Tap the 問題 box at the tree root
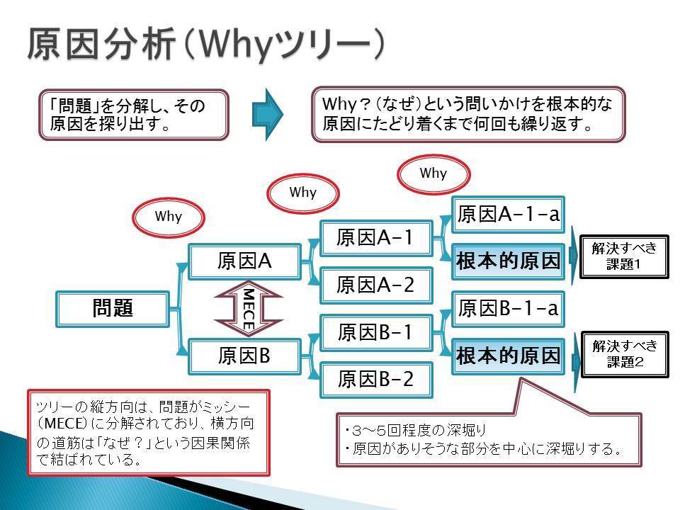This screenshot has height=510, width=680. click(113, 309)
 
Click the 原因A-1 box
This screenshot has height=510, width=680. click(375, 237)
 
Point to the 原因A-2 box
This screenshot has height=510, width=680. click(375, 285)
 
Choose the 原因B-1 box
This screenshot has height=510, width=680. click(375, 332)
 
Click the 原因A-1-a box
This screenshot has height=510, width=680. click(508, 214)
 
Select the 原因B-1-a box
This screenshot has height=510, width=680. click(508, 309)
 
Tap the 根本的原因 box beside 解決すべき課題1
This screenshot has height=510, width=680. click(508, 261)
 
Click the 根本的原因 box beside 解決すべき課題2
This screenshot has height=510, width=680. click(508, 356)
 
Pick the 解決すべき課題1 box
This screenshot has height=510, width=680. click(624, 256)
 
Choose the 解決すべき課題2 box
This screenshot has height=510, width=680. click(624, 354)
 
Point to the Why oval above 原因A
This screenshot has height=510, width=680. click(169, 217)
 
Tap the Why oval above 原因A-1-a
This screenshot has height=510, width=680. click(433, 174)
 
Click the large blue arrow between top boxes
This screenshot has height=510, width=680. click(268, 113)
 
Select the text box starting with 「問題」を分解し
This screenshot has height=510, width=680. click(134, 113)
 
